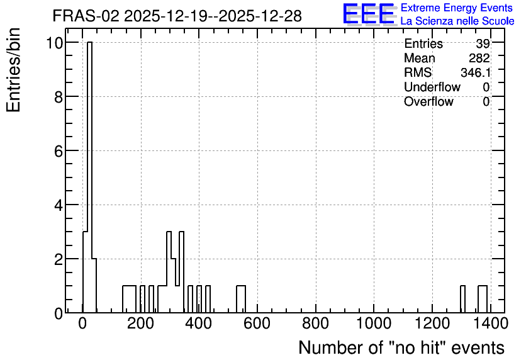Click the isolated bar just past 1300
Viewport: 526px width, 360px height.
point(462,300)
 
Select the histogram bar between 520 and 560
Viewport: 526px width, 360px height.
point(241,300)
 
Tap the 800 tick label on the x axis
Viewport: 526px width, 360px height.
point(315,323)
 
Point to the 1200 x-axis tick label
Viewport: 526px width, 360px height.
point(432,323)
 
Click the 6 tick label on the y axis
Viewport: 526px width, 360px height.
point(59,152)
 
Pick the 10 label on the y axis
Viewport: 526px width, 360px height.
point(55,43)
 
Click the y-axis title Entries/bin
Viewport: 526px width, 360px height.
point(13,70)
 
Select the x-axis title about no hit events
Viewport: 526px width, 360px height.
point(401,347)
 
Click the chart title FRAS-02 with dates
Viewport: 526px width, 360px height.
point(177,16)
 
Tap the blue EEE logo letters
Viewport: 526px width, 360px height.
point(369,14)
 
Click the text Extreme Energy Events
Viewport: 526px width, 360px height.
point(457,8)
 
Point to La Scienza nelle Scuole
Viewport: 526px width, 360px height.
point(457,21)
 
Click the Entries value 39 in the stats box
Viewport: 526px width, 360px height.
point(483,43)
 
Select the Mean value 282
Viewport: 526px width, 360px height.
point(479,58)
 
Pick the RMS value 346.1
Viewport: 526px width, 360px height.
point(475,72)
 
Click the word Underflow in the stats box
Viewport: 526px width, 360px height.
point(432,87)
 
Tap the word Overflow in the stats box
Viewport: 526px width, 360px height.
point(428,101)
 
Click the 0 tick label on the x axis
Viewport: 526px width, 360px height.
point(82,323)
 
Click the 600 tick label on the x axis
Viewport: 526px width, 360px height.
point(257,323)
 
